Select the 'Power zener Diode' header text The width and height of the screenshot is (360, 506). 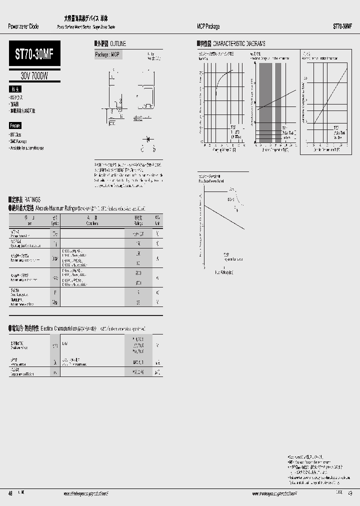[23, 26]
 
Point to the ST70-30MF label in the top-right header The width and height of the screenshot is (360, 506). [342, 26]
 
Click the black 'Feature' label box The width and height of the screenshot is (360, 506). [15, 126]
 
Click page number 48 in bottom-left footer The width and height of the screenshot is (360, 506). [10, 493]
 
